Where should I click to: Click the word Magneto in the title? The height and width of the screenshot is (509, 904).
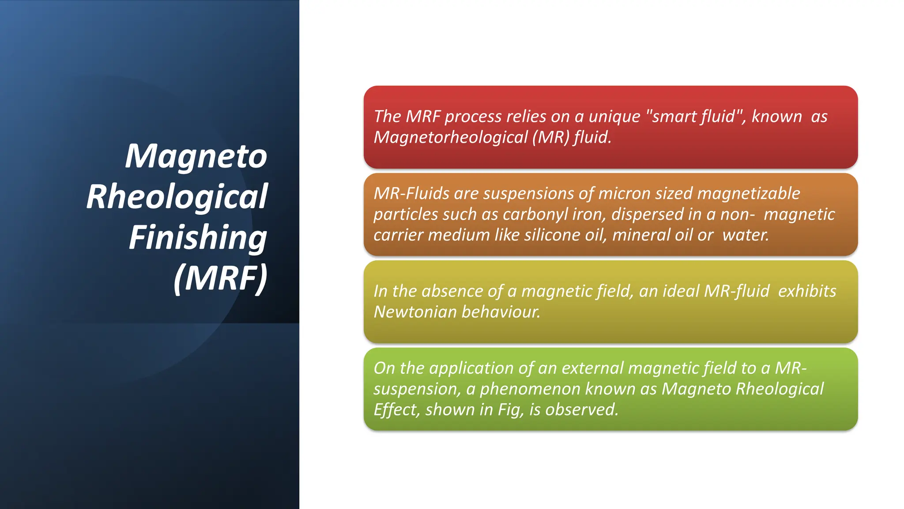[x=196, y=156]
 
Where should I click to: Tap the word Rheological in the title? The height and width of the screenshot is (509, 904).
[x=177, y=197]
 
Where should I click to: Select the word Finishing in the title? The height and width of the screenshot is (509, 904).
[x=198, y=238]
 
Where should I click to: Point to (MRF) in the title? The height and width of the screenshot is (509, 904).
[x=220, y=278]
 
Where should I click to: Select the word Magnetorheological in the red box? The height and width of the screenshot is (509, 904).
[x=450, y=137]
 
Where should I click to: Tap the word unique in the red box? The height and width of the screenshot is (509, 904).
[x=614, y=117]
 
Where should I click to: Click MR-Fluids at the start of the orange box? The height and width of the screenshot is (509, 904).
[x=411, y=194]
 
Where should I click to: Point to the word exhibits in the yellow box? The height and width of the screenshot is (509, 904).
[x=807, y=292]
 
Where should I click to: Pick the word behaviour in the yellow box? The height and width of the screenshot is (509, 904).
[x=501, y=312]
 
